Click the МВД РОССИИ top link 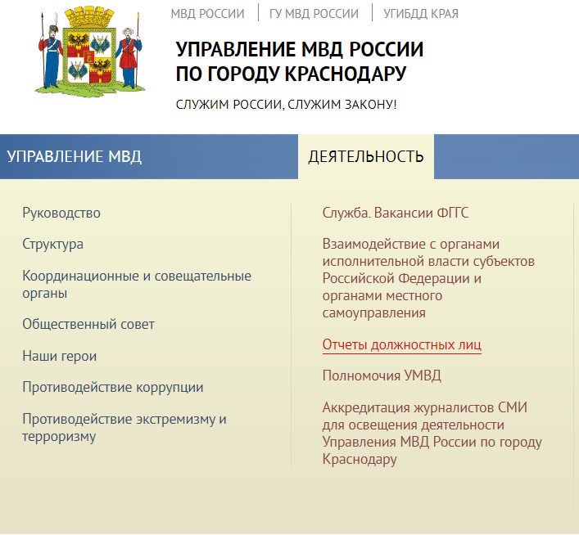(207, 14)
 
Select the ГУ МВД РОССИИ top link (314, 14)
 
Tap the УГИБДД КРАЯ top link (421, 14)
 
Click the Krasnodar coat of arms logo (90, 52)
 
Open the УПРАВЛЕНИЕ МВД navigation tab (75, 156)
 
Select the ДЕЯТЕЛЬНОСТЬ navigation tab (366, 156)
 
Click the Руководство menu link (61, 213)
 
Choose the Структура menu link (52, 245)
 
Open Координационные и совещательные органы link (137, 285)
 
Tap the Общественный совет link (88, 324)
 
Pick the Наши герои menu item (60, 356)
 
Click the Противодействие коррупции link (113, 388)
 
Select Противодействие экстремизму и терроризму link (124, 428)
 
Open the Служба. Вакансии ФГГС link (396, 213)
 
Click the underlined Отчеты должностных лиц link (402, 344)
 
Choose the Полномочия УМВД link (382, 375)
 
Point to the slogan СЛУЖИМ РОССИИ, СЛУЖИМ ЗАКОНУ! (286, 105)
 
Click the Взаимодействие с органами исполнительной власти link (428, 279)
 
